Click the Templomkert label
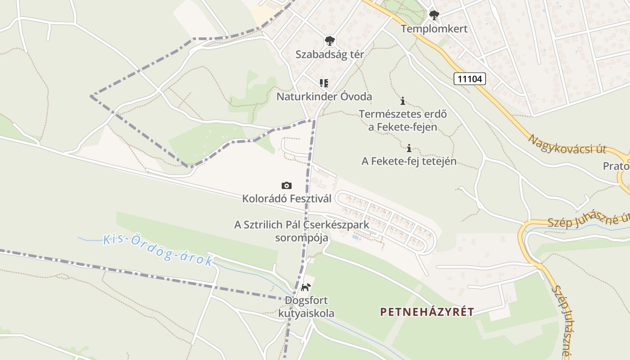click(x=434, y=29)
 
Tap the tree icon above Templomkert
click(x=434, y=16)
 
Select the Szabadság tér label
click(x=329, y=54)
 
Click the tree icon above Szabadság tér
click(x=329, y=41)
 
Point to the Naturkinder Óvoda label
click(x=324, y=97)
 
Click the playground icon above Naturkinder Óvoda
click(x=324, y=83)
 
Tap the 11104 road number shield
click(x=470, y=79)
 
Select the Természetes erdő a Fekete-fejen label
click(x=403, y=121)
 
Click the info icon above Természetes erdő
click(x=403, y=101)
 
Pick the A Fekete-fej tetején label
click(x=409, y=161)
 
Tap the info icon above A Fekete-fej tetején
click(x=409, y=148)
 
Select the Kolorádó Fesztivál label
click(x=287, y=198)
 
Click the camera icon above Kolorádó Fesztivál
click(x=286, y=185)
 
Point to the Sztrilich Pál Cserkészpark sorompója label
click(x=301, y=231)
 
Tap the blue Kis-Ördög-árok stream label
click(x=157, y=250)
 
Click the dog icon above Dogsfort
click(x=306, y=287)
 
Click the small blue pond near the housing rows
click(x=355, y=237)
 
